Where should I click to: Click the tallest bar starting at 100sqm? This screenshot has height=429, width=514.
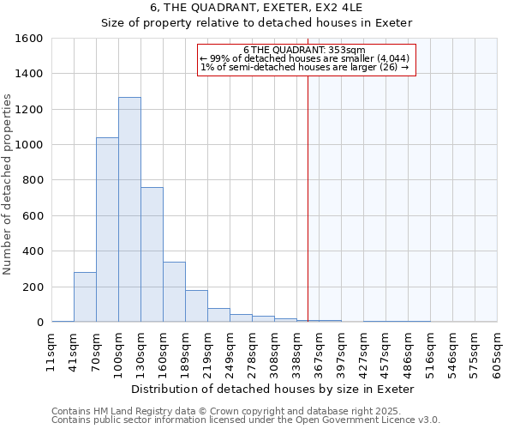click(129, 210)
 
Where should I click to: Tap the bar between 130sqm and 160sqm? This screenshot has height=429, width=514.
click(152, 255)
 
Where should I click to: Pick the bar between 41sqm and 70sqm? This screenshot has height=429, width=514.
click(85, 297)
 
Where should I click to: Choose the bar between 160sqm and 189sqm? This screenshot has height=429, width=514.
click(174, 292)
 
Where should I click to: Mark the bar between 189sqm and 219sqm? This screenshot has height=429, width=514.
click(196, 306)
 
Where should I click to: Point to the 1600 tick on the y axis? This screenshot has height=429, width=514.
click(29, 39)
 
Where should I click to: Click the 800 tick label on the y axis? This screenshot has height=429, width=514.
click(33, 180)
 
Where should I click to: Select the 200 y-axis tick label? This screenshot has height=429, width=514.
click(33, 287)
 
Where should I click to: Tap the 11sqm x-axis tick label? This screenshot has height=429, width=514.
click(51, 352)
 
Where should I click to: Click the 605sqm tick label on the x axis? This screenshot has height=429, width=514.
click(498, 352)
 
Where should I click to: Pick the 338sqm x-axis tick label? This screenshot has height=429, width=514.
click(297, 352)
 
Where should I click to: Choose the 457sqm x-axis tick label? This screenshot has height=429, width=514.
click(386, 352)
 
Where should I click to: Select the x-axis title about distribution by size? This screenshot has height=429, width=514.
click(273, 389)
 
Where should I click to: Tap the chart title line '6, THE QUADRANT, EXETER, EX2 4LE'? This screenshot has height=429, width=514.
click(257, 7)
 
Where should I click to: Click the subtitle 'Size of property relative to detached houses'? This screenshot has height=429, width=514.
click(257, 22)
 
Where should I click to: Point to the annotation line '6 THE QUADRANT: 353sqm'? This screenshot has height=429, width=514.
click(304, 50)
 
